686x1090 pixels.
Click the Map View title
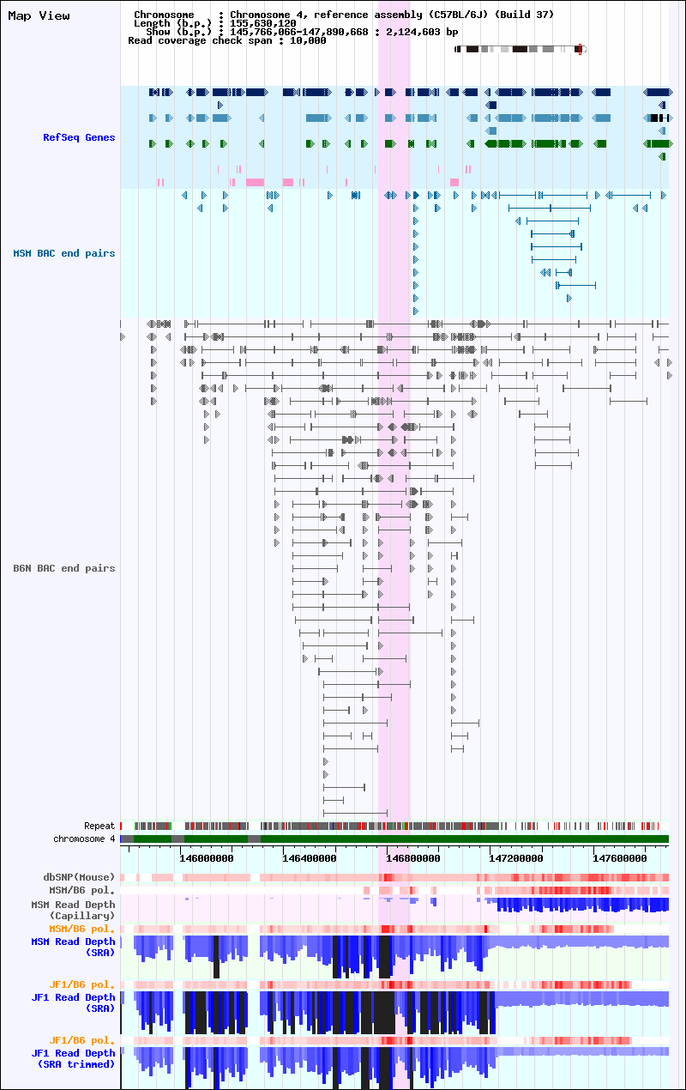(x=39, y=16)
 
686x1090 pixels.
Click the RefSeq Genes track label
(x=79, y=137)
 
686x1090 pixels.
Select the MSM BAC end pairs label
(x=64, y=253)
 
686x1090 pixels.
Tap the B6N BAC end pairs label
(x=64, y=568)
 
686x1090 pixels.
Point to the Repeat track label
(x=99, y=826)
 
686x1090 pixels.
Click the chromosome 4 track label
(x=84, y=839)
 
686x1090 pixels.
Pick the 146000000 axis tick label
(x=206, y=858)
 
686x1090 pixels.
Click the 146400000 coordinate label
(x=310, y=858)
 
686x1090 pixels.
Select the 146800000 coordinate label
(x=412, y=858)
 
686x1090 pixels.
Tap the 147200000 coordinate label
(x=516, y=858)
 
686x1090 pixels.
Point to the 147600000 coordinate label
(x=619, y=858)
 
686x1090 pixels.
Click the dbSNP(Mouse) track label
(x=79, y=877)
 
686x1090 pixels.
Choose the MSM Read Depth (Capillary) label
(x=74, y=910)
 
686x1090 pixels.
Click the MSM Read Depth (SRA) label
(x=74, y=947)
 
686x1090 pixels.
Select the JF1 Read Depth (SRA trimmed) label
(x=74, y=1058)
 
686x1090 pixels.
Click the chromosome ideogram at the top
(x=521, y=49)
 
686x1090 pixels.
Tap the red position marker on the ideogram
(x=580, y=49)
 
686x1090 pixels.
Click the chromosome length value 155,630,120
(x=263, y=23)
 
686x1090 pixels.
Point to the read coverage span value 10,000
(x=308, y=41)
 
